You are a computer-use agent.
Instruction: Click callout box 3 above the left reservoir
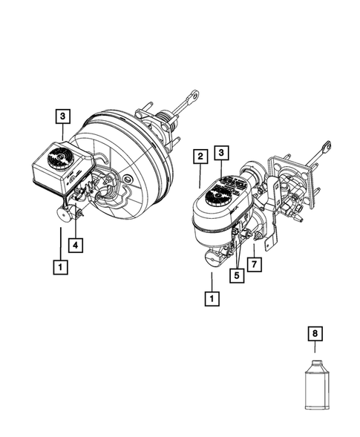pyautogui.click(x=63, y=116)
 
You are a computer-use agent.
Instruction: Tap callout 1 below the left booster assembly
pyautogui.click(x=59, y=263)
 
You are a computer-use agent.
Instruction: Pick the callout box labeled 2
pyautogui.click(x=200, y=156)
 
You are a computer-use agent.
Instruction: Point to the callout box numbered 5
pyautogui.click(x=237, y=275)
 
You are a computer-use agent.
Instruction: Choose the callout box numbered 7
pyautogui.click(x=255, y=263)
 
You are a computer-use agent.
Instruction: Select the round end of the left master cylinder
pyautogui.click(x=62, y=215)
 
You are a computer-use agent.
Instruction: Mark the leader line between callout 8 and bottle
pyautogui.click(x=315, y=349)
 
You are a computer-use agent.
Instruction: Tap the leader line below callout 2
pyautogui.click(x=200, y=175)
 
